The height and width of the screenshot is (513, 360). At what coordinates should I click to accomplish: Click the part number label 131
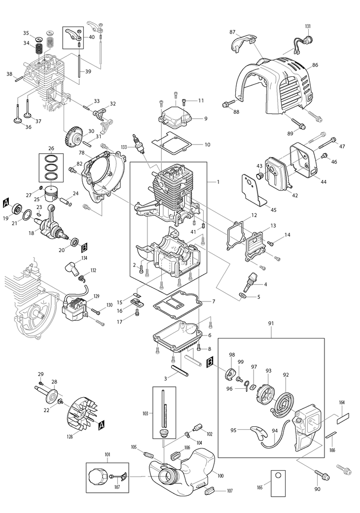pos(308,26)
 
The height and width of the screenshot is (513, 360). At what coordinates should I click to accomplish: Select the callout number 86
pos(315,65)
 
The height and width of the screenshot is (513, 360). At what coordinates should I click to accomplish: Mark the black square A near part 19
pos(6,202)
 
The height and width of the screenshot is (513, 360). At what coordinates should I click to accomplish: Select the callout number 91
pos(271,323)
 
